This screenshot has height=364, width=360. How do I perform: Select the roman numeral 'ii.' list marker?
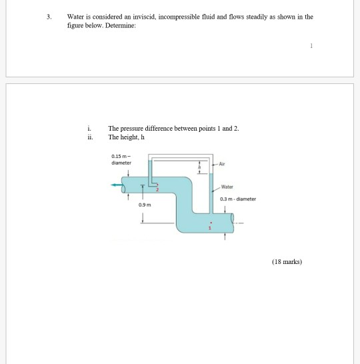(89, 137)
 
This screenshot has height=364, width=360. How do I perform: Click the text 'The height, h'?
(126, 137)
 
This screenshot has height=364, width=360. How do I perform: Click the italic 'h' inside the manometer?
(197, 167)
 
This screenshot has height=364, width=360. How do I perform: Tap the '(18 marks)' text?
(287, 262)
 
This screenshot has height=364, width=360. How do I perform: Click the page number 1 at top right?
(311, 45)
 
